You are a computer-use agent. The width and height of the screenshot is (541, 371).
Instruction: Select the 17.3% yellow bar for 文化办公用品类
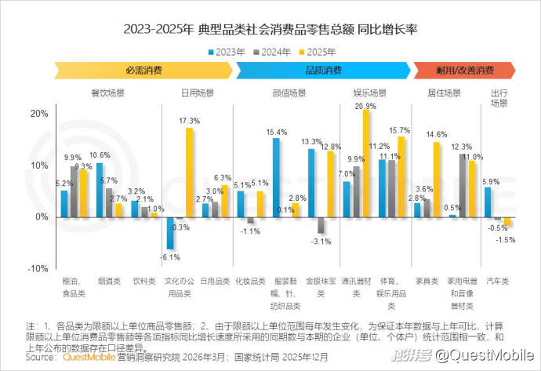[189, 173]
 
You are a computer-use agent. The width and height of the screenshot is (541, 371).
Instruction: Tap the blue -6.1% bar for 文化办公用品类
[169, 233]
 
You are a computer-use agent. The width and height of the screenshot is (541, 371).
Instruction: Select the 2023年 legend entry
[227, 53]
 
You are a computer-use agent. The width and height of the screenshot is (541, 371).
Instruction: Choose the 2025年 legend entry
[318, 53]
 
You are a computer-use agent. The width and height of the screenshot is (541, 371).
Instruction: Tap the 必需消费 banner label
[143, 71]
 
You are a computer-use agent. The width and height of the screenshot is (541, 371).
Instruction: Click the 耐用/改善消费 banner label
[464, 71]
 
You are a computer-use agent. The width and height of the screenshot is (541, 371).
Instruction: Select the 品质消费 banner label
[322, 71]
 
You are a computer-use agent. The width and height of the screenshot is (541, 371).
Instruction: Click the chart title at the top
[270, 30]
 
